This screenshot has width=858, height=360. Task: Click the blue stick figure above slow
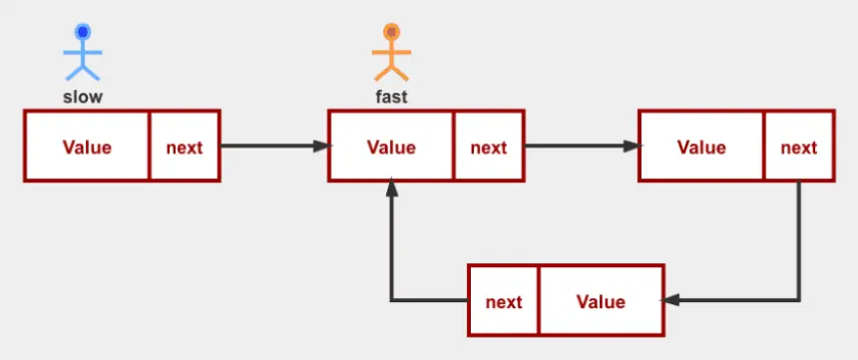pos(83,53)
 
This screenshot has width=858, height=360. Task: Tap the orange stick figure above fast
pos(391,53)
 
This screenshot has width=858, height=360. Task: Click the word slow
pos(83,98)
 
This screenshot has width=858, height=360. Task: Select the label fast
pos(391,97)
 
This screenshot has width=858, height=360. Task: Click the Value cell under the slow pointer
pos(87,146)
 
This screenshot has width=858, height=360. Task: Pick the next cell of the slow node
pos(185,146)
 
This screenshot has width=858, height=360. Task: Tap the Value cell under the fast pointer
pos(391,146)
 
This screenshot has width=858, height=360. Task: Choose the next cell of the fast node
pos(489,146)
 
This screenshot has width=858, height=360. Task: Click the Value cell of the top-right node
pos(701,146)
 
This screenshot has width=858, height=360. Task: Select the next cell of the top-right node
pos(799,146)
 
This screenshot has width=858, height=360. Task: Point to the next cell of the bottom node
pos(504,301)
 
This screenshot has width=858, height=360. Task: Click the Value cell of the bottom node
pos(602,301)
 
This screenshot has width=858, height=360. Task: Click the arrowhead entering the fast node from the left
pos(321,146)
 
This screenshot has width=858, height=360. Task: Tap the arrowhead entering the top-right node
pos(632,146)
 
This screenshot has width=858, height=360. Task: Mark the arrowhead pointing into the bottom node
pos(670,300)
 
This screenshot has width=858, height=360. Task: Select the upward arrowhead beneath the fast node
pos(392,187)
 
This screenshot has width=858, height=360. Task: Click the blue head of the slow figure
pos(83,32)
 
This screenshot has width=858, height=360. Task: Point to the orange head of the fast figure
pos(391,32)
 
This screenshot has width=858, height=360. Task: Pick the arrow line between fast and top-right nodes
pos(583,146)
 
